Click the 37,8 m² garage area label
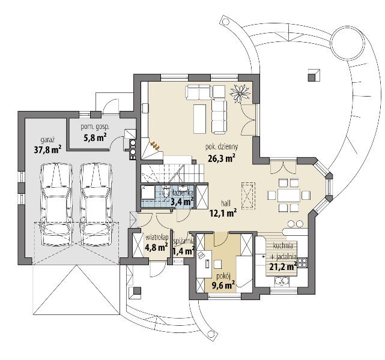coord(47,149)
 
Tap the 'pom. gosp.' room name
coord(95,127)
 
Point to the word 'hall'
coord(226,203)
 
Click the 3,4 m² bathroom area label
coord(182,202)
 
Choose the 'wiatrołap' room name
coord(157,238)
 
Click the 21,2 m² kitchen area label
coord(283,266)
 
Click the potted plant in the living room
coord(240,94)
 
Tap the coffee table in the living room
coord(199,119)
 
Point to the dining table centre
coord(289,195)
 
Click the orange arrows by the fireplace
coord(155,145)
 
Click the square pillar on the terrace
coord(314,75)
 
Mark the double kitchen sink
coord(282,281)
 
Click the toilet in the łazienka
coord(166,192)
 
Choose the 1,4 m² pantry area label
coord(184,251)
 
